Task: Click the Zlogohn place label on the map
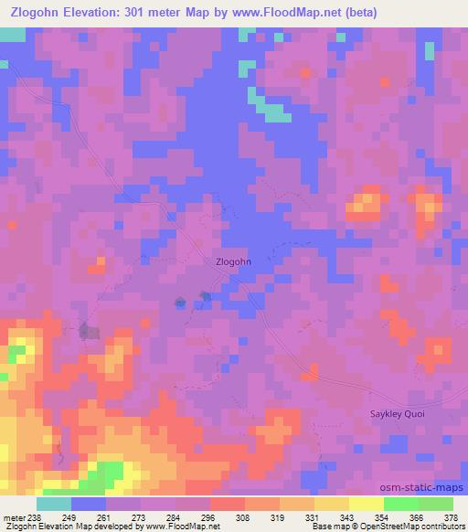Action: click(232, 261)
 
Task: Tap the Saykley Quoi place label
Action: click(399, 413)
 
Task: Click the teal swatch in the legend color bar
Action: click(54, 504)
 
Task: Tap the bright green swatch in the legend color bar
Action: click(399, 504)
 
